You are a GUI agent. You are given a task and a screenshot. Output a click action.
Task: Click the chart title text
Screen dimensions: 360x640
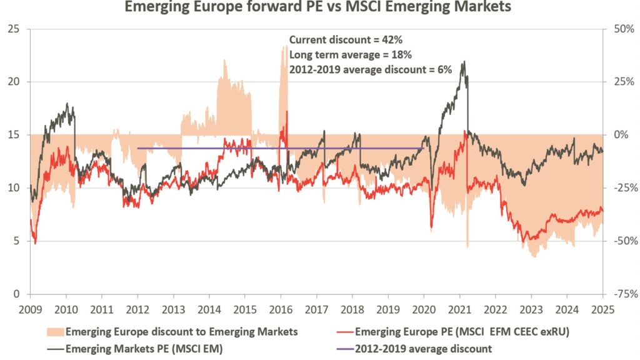pos(319,7)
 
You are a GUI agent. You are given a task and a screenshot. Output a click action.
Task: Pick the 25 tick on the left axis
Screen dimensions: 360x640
pos(14,29)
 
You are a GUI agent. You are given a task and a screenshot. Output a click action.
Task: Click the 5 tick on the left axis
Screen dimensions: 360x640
pos(17,241)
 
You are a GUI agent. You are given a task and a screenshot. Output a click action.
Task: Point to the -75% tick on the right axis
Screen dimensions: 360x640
pos(624,294)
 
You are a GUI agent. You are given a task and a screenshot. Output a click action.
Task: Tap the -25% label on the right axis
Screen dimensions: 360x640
pos(624,187)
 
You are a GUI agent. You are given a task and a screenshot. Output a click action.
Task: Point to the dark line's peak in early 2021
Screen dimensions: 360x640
pos(464,62)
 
